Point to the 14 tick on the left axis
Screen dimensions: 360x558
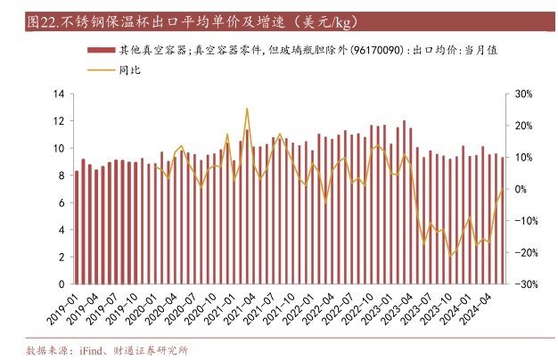click(x=58, y=94)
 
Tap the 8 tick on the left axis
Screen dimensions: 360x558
click(x=61, y=176)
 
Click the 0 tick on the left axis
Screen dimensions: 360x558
click(x=61, y=284)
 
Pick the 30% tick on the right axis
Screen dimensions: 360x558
click(x=523, y=94)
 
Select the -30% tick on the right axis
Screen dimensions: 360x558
click(x=525, y=284)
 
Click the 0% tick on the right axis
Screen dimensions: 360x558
click(x=521, y=189)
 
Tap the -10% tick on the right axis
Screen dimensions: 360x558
click(x=525, y=221)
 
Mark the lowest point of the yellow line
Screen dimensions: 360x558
click(x=451, y=256)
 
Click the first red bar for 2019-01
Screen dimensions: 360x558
click(x=77, y=227)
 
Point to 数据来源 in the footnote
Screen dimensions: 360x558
click(x=44, y=349)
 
